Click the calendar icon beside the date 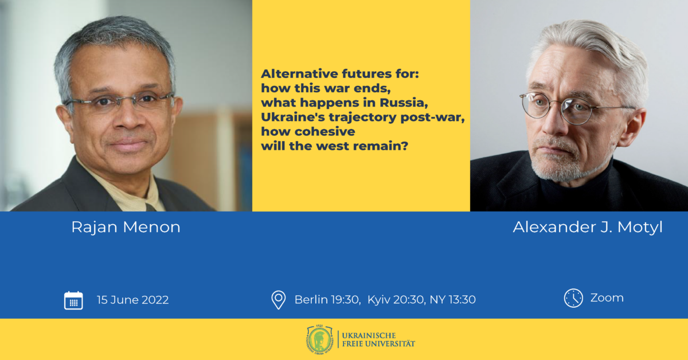[73, 300]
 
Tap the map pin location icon [279, 300]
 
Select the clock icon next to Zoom [573, 298]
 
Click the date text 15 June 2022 [132, 300]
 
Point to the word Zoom [607, 298]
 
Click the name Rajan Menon [126, 228]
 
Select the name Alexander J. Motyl [588, 228]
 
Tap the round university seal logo [320, 339]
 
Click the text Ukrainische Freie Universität [378, 339]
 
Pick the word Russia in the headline [404, 103]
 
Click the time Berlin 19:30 [327, 299]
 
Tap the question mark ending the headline [405, 146]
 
